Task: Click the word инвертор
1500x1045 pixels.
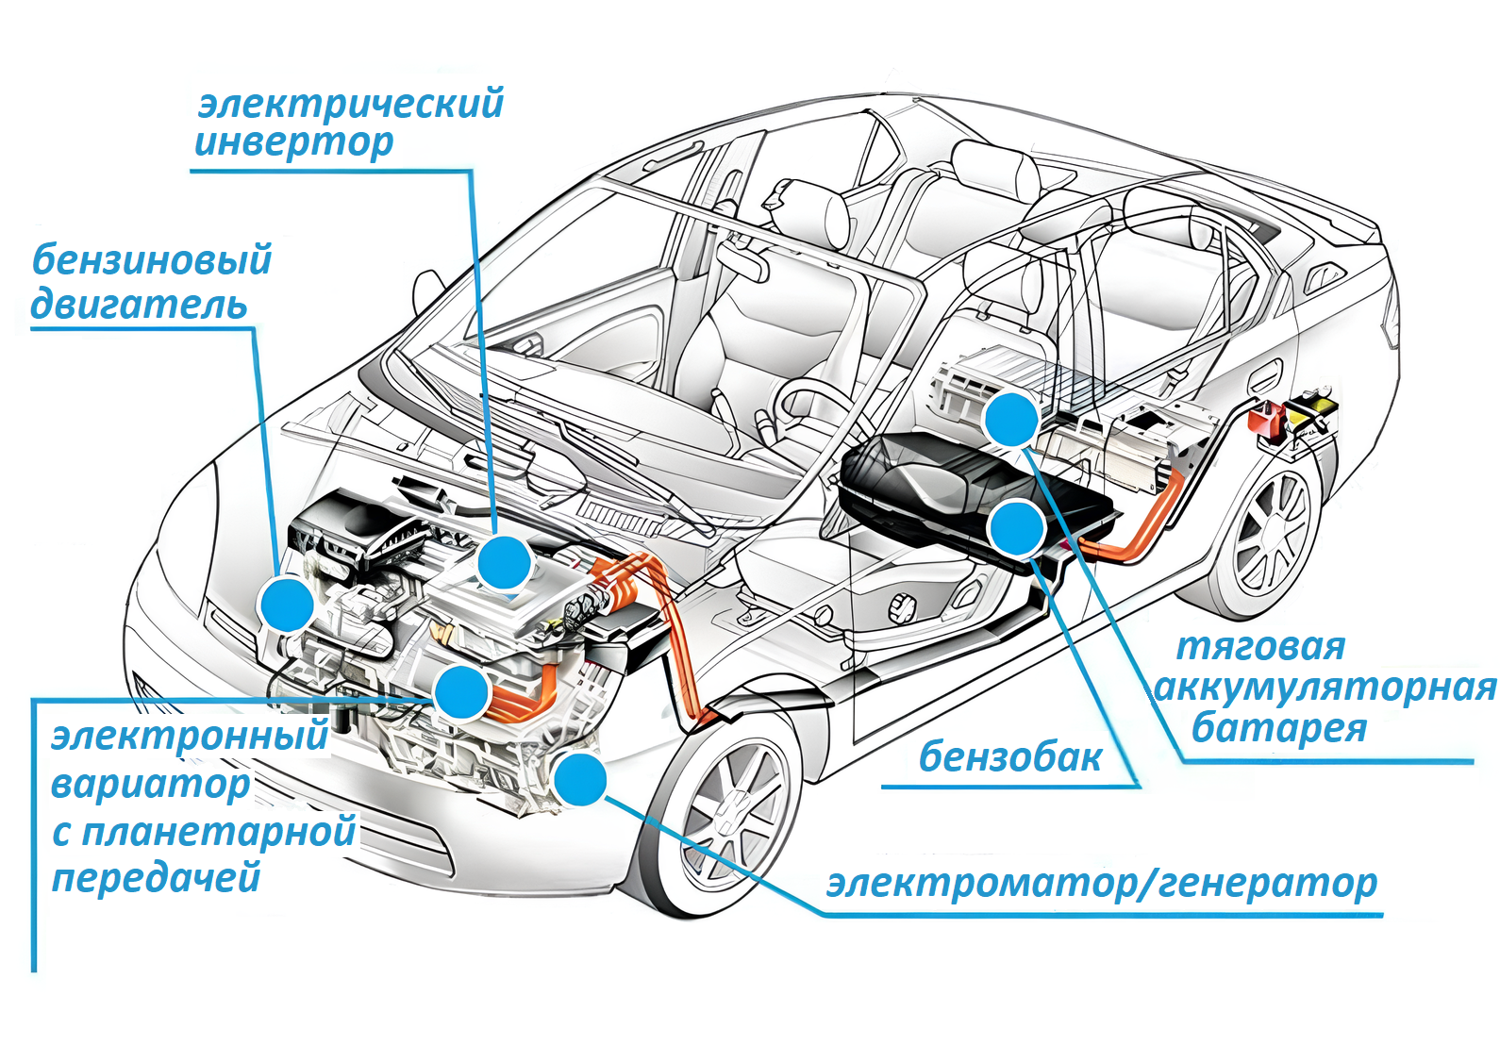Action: (x=293, y=143)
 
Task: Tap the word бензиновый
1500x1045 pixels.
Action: (x=152, y=260)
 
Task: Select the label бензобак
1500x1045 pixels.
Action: (x=1010, y=757)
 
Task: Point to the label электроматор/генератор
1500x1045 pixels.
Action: (x=1102, y=884)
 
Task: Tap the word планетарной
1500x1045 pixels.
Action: (x=218, y=833)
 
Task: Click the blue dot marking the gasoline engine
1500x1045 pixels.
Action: (x=287, y=605)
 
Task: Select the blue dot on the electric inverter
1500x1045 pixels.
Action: (x=505, y=563)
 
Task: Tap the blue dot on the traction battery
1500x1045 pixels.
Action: (x=1011, y=419)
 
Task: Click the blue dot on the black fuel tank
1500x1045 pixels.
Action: (x=1016, y=528)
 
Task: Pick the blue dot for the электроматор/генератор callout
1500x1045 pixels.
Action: (x=579, y=779)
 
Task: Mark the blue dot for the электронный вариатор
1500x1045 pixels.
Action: (x=461, y=693)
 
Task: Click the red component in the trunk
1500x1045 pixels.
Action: (x=1265, y=419)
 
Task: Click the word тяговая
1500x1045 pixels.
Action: (x=1260, y=648)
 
